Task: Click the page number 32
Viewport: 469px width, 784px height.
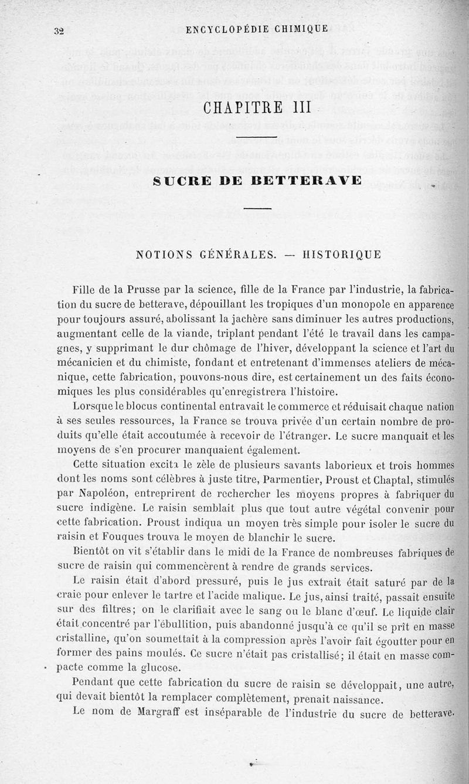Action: coord(57,32)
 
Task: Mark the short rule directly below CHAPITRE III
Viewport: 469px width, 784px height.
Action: coord(256,138)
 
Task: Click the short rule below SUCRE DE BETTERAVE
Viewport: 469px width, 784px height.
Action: coord(256,208)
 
